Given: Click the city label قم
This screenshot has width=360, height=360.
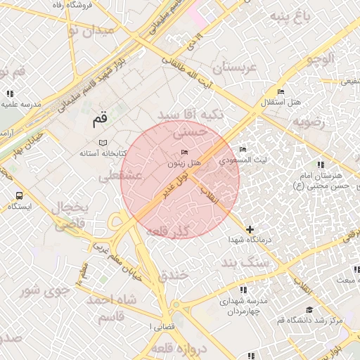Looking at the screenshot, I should click(101, 121).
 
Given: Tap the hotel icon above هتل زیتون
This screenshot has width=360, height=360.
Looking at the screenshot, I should click(185, 153).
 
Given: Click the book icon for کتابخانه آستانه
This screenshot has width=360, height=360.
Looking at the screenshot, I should click(103, 143).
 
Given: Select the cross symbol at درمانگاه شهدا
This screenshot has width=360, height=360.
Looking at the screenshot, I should click(250, 229).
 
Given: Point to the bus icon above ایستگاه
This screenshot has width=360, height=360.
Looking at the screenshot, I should click(18, 196).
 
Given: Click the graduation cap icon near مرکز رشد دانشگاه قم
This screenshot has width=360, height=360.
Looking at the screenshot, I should click(309, 309).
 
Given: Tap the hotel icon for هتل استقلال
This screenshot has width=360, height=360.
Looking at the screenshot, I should click(281, 92).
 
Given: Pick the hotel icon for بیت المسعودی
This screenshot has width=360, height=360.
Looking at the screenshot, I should click(243, 150).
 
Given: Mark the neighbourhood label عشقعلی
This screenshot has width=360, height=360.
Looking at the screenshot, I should click(121, 176).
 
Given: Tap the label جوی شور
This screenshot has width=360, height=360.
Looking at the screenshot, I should click(44, 289).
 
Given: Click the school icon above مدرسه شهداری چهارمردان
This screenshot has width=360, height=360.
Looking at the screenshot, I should click(243, 290).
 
